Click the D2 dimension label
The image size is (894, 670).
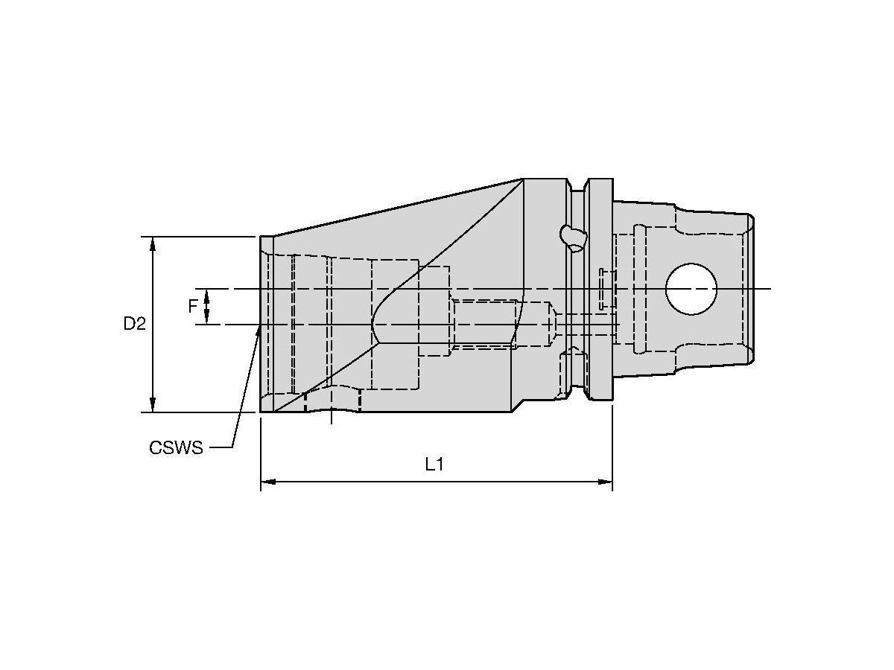coord(134,324)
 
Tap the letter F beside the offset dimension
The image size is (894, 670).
coord(193,306)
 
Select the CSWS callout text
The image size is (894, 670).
coord(176,447)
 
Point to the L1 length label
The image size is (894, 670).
coord(434,465)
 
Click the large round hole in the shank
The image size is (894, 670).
coord(691,289)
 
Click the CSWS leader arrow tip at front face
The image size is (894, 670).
coord(259,328)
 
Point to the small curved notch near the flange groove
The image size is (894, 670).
coord(572,237)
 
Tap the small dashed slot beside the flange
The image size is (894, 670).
coord(602,289)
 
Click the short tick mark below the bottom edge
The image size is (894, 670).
coord(332,418)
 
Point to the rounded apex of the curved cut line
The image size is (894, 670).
coord(373,325)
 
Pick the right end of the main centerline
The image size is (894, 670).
coord(770,289)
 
